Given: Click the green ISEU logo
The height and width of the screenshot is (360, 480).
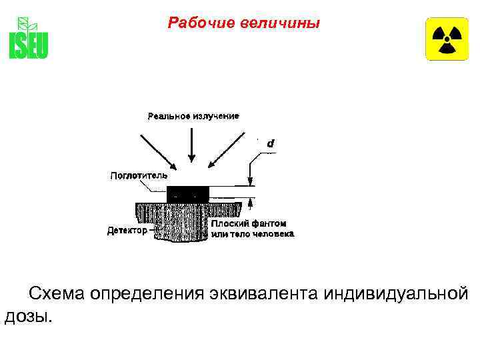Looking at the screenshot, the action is tap(28, 38).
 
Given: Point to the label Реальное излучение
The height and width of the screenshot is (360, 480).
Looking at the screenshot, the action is tap(193, 116).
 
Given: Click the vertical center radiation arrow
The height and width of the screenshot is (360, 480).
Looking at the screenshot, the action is tap(192, 143).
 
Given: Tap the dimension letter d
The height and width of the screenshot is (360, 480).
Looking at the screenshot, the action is tap(270, 143).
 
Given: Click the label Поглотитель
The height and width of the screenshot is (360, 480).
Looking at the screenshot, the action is tap(138, 176).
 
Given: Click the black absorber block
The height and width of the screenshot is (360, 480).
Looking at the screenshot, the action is tap(188, 193).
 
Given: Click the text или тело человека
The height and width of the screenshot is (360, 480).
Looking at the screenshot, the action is tap(252, 234).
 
